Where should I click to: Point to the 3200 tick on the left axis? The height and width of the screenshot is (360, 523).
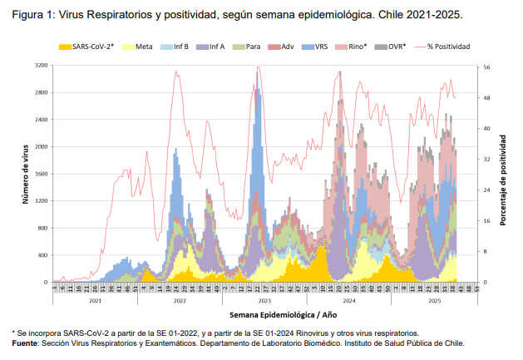coord(42,65)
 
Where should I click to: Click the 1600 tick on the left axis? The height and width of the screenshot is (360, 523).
coord(42,174)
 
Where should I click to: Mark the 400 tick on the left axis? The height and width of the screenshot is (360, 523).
coord(43,255)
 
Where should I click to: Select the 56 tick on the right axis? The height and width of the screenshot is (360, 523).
coord(486,67)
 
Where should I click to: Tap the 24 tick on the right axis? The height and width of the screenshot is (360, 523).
coord(486,190)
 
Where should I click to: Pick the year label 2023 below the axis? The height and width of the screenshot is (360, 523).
coord(264,300)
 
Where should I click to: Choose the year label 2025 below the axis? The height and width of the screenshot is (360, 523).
coord(435,300)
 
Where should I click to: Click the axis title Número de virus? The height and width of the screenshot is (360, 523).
coord(26,174)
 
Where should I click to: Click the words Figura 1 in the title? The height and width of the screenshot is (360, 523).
coord(31,16)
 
